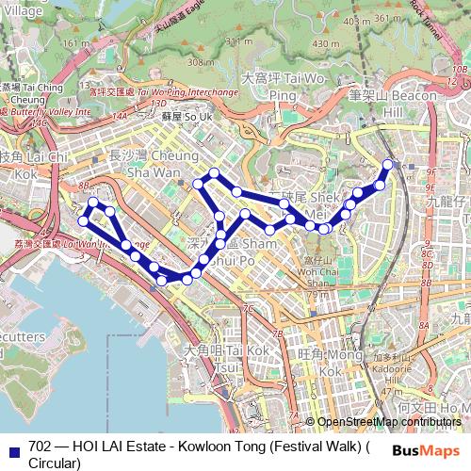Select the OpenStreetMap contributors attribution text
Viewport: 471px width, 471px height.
click(x=390, y=423)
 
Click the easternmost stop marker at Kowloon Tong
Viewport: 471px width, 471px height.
click(x=388, y=165)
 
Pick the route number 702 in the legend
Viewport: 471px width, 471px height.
click(x=40, y=447)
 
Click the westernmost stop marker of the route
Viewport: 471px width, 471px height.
click(x=84, y=221)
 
